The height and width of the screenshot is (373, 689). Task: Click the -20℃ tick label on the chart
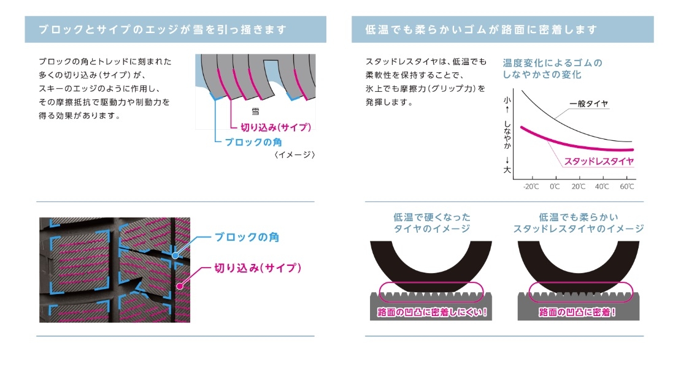[531, 186]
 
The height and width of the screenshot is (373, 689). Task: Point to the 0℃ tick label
[555, 186]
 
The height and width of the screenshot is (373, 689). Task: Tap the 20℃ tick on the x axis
[578, 186]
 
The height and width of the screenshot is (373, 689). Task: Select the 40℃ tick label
[602, 186]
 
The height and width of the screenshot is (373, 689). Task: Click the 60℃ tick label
[626, 186]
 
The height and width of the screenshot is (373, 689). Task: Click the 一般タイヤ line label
[588, 104]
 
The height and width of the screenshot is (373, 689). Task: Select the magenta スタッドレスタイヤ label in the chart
[599, 162]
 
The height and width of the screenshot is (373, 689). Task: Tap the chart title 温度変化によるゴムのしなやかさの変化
[552, 69]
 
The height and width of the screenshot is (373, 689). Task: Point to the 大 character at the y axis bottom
[507, 170]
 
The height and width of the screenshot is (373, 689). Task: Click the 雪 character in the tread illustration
[255, 112]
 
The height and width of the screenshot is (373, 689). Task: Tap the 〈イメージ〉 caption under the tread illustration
[294, 155]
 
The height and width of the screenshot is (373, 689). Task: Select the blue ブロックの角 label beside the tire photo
[247, 237]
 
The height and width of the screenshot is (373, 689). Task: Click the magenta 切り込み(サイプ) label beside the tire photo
[258, 268]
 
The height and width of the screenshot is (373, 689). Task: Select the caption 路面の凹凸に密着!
[577, 312]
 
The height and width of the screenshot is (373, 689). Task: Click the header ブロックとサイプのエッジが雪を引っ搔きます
[163, 29]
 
